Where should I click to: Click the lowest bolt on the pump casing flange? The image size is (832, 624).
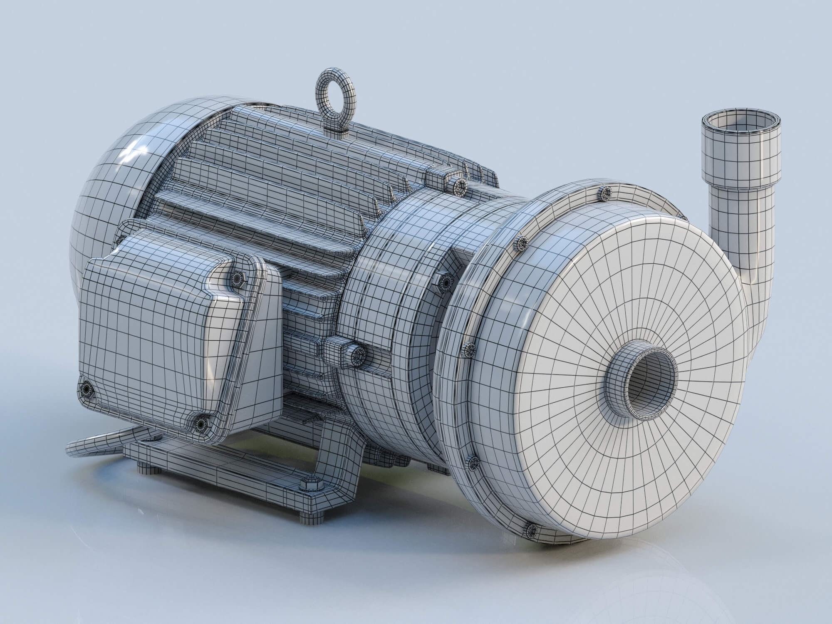[x=531, y=530]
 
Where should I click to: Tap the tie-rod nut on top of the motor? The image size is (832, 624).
[x=459, y=186]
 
